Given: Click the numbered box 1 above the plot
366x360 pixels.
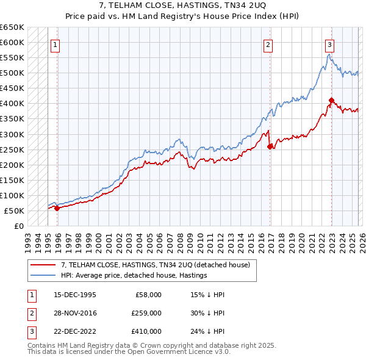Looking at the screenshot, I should [x=56, y=44].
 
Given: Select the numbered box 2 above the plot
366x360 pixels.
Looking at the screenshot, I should [x=268, y=44].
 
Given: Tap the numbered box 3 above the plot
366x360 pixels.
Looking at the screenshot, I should [x=329, y=44].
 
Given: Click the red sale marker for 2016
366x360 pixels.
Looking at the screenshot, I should [x=270, y=146].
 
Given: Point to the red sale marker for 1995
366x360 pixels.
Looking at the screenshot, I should [x=57, y=208].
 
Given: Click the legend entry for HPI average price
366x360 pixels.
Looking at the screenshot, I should [x=134, y=276].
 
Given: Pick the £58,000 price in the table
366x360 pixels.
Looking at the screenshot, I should [x=148, y=295].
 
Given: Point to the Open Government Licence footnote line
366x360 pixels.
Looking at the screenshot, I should [x=129, y=352].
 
